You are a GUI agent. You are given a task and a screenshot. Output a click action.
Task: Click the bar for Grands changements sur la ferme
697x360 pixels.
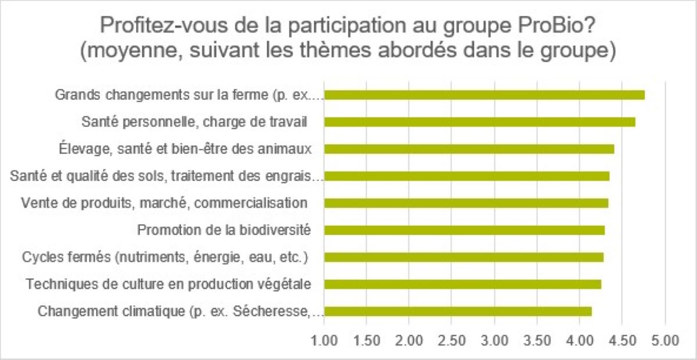[484, 95]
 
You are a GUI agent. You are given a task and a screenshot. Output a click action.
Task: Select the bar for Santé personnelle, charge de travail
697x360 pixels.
[479, 122]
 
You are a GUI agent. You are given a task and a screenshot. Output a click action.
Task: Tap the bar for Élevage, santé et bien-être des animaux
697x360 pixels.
[469, 149]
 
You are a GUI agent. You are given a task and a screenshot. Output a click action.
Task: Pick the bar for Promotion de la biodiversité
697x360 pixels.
[464, 230]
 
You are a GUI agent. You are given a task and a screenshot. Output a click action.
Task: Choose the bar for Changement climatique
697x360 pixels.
[458, 311]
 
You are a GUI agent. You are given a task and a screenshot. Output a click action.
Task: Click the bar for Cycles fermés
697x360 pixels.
[464, 257]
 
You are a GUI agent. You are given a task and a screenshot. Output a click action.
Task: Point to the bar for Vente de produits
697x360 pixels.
[466, 203]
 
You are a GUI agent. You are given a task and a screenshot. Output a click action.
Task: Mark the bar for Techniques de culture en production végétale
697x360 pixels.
[462, 284]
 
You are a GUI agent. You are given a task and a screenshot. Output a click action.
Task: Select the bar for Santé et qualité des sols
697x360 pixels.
[466, 176]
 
